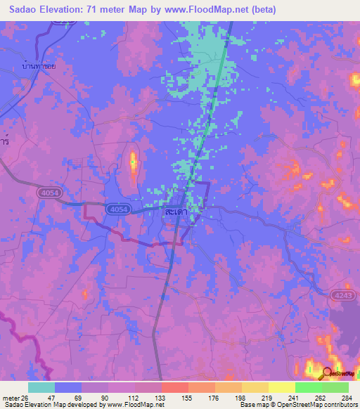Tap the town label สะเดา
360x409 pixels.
click(175, 210)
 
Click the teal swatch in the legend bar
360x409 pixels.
click(41, 387)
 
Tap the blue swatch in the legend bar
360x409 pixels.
click(68, 387)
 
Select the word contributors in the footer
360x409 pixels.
click(340, 405)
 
